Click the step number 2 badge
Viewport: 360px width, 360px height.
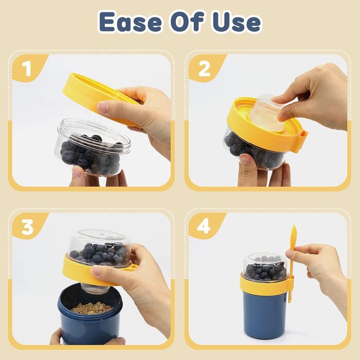[x=204, y=68]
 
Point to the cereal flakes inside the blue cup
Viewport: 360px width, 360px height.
[x=92, y=308]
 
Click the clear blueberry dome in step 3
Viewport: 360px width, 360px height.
[x=100, y=248]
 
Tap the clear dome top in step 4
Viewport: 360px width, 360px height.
[x=265, y=267]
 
